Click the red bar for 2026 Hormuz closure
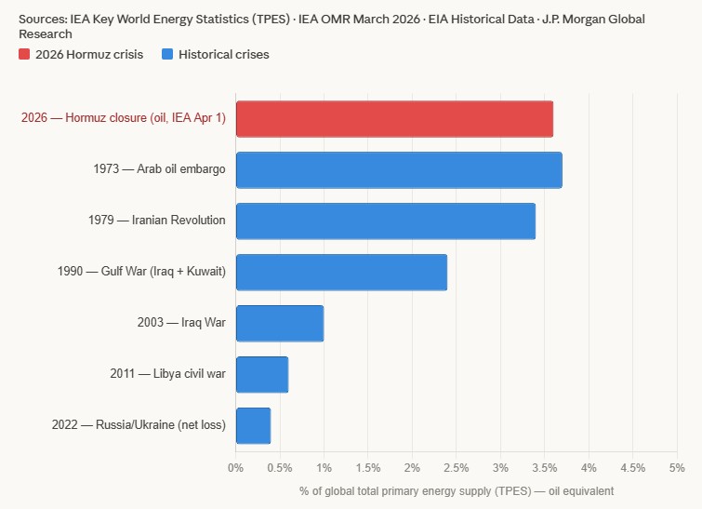tap(394, 119)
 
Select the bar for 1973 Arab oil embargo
tap(399, 170)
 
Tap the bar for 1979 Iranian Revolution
tap(386, 221)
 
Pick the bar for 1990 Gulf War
tap(341, 273)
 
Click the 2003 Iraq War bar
tap(280, 324)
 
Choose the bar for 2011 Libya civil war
tap(262, 375)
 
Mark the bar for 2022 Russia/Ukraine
tap(253, 426)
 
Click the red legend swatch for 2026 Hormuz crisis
tap(25, 55)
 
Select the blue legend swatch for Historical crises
tap(167, 55)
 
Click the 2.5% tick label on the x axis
tap(456, 467)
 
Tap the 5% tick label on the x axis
tap(676, 467)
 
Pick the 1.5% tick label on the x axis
tap(368, 467)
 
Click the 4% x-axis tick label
tap(589, 467)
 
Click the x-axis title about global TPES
tap(456, 490)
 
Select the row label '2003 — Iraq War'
tap(181, 323)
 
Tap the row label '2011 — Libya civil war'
tap(167, 374)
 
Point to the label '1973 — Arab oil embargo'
tap(159, 169)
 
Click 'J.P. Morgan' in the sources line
tap(581, 19)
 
